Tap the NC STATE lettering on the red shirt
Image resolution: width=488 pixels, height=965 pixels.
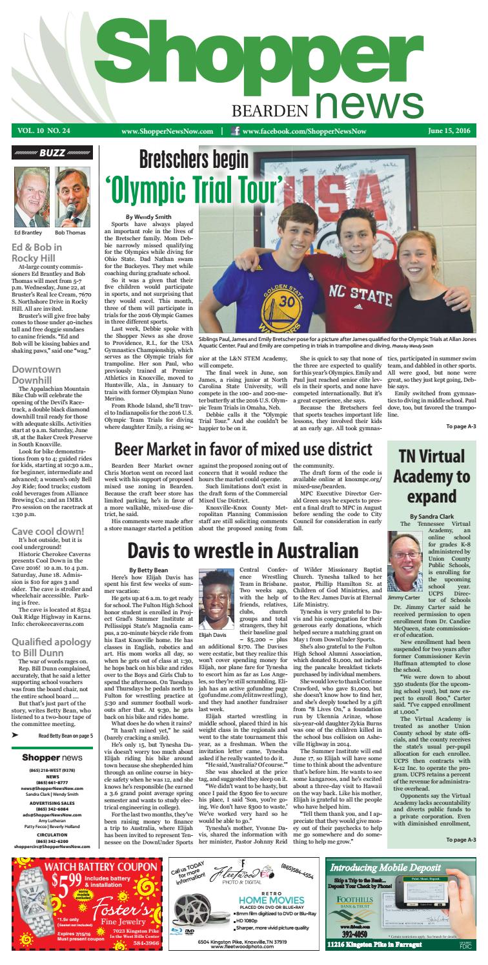coord(345,268)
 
